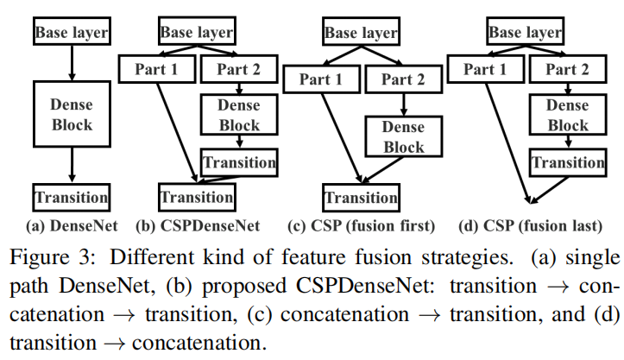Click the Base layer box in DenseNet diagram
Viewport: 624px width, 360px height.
(71, 33)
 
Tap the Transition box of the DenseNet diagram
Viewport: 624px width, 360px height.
(71, 196)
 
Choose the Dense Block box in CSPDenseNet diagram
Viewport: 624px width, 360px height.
(239, 114)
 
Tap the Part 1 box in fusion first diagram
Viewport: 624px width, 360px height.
(320, 79)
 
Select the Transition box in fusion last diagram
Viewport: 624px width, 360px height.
(567, 162)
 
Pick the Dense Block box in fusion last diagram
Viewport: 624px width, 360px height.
(568, 114)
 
